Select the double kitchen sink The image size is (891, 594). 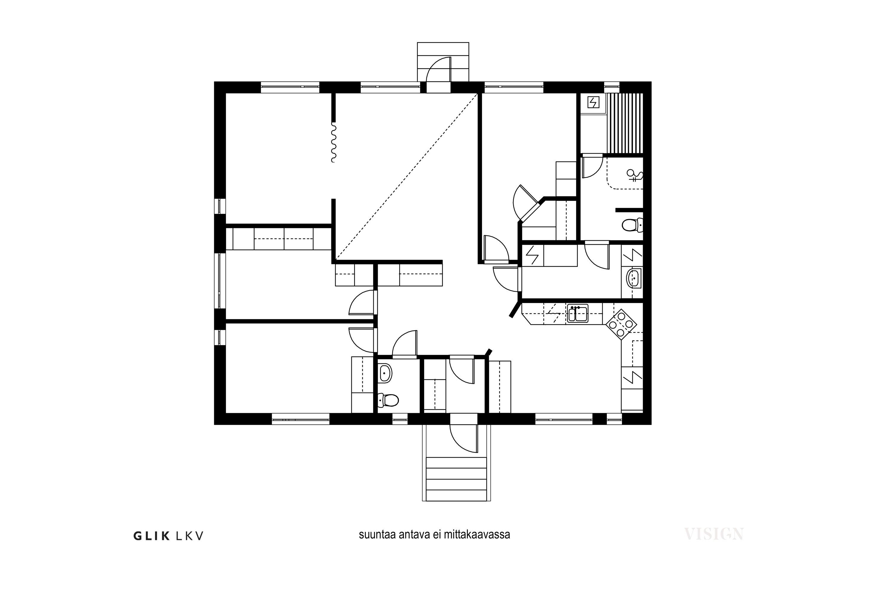pos(577,314)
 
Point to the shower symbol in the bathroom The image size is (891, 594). pos(634,175)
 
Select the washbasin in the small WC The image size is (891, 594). pos(385,373)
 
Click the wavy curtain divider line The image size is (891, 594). pos(333,142)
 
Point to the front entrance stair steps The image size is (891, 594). pos(456,478)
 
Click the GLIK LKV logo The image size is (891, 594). pos(168,536)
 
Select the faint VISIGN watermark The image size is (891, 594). pos(714,534)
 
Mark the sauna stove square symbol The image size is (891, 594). pos(593,102)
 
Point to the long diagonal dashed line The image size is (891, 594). pos(407,177)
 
